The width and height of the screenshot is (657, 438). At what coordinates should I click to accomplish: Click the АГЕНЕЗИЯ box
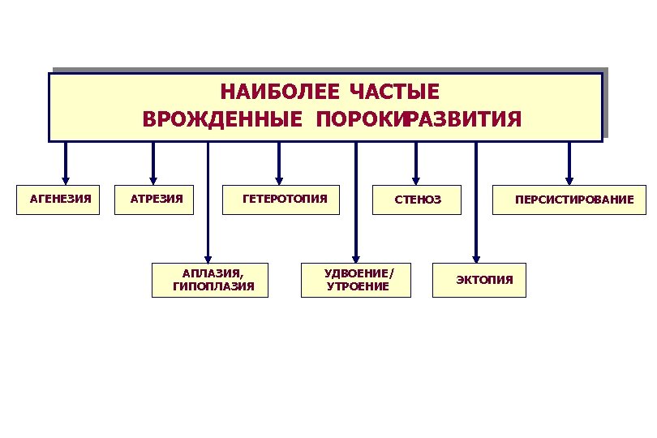click(x=58, y=199)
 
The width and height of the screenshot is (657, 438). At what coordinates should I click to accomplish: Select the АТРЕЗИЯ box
click(x=156, y=199)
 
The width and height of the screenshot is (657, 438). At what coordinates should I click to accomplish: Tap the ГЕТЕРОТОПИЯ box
click(x=282, y=199)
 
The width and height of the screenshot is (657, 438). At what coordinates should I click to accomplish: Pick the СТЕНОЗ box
click(x=417, y=200)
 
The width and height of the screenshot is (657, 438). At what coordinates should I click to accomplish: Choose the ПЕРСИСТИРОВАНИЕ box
click(x=568, y=200)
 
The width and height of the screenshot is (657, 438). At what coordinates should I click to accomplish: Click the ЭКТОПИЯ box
click(x=479, y=281)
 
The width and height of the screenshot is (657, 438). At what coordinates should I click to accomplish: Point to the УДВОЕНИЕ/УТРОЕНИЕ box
click(x=355, y=280)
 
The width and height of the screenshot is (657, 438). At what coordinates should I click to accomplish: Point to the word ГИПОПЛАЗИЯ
click(x=213, y=286)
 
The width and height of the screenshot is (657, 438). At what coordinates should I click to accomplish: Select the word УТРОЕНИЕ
click(x=358, y=286)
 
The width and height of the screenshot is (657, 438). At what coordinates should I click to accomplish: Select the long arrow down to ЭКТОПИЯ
click(x=476, y=203)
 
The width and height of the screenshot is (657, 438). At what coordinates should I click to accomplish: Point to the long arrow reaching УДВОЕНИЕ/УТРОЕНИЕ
click(x=355, y=203)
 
